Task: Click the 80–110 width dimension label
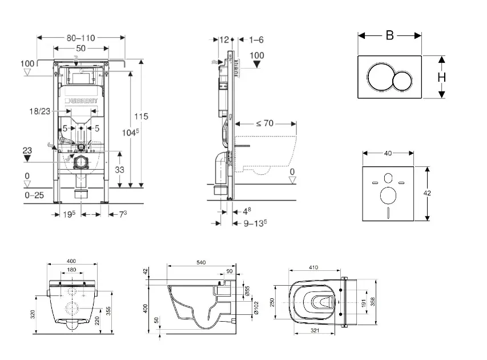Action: tap(80, 38)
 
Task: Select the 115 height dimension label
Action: tap(141, 116)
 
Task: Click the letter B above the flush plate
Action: tap(389, 35)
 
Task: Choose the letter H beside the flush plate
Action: tap(442, 77)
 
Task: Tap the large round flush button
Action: tap(380, 78)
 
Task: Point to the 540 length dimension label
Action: tap(201, 262)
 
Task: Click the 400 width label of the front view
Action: tap(72, 261)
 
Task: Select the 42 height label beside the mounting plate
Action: tap(427, 193)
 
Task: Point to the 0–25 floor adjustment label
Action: tap(34, 195)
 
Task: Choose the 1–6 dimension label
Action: tap(256, 39)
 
